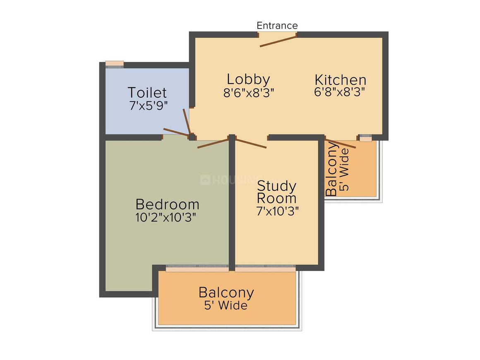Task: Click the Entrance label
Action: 277,25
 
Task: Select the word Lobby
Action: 248,79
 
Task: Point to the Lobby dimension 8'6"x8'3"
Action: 249,92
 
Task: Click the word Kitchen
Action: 341,80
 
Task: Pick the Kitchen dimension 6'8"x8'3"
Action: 339,92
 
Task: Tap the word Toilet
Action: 147,92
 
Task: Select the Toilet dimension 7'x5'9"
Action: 149,106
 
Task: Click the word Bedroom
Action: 167,204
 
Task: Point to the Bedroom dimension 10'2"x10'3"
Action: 166,217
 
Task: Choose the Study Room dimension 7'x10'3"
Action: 278,211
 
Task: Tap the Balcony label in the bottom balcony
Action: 226,293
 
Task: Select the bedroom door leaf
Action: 213,144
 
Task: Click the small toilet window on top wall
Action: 115,64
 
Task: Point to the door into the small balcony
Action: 341,144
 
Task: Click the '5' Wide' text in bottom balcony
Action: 226,305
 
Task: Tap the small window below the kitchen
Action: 365,138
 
